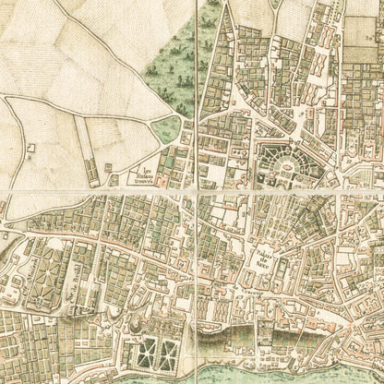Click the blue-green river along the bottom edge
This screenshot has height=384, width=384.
[x=277, y=369]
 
